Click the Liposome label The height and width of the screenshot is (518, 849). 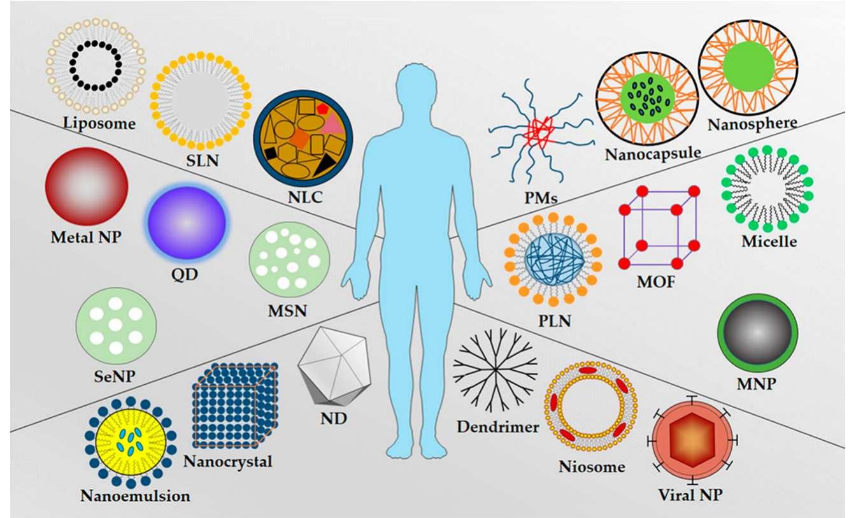click(99, 124)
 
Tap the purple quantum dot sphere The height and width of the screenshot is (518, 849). click(187, 222)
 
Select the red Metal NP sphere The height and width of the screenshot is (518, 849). click(87, 186)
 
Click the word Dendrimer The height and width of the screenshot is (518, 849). click(497, 427)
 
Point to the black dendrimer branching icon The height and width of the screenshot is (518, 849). click(496, 370)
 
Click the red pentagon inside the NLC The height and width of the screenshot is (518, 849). click(322, 108)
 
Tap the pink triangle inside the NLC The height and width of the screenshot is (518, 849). click(332, 124)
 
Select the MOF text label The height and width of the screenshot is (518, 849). click(656, 282)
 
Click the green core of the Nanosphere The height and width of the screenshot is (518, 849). click(748, 67)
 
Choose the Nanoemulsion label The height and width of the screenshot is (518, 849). click(135, 496)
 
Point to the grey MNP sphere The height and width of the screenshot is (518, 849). click(757, 333)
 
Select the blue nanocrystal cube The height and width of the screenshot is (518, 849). click(236, 405)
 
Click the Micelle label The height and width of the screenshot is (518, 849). click(769, 241)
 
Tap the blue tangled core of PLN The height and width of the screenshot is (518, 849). click(553, 259)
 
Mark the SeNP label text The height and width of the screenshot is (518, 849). click(115, 376)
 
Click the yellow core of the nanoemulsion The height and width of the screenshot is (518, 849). click(131, 443)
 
